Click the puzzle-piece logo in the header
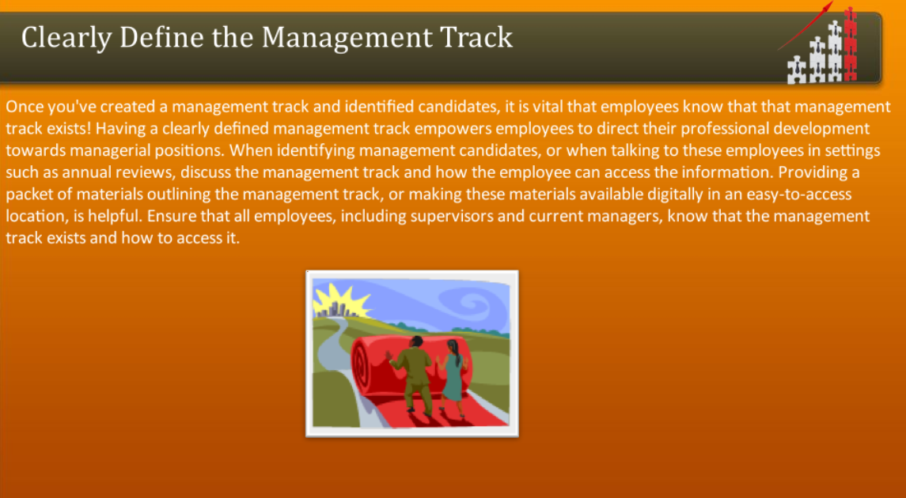pyautogui.click(x=823, y=51)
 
